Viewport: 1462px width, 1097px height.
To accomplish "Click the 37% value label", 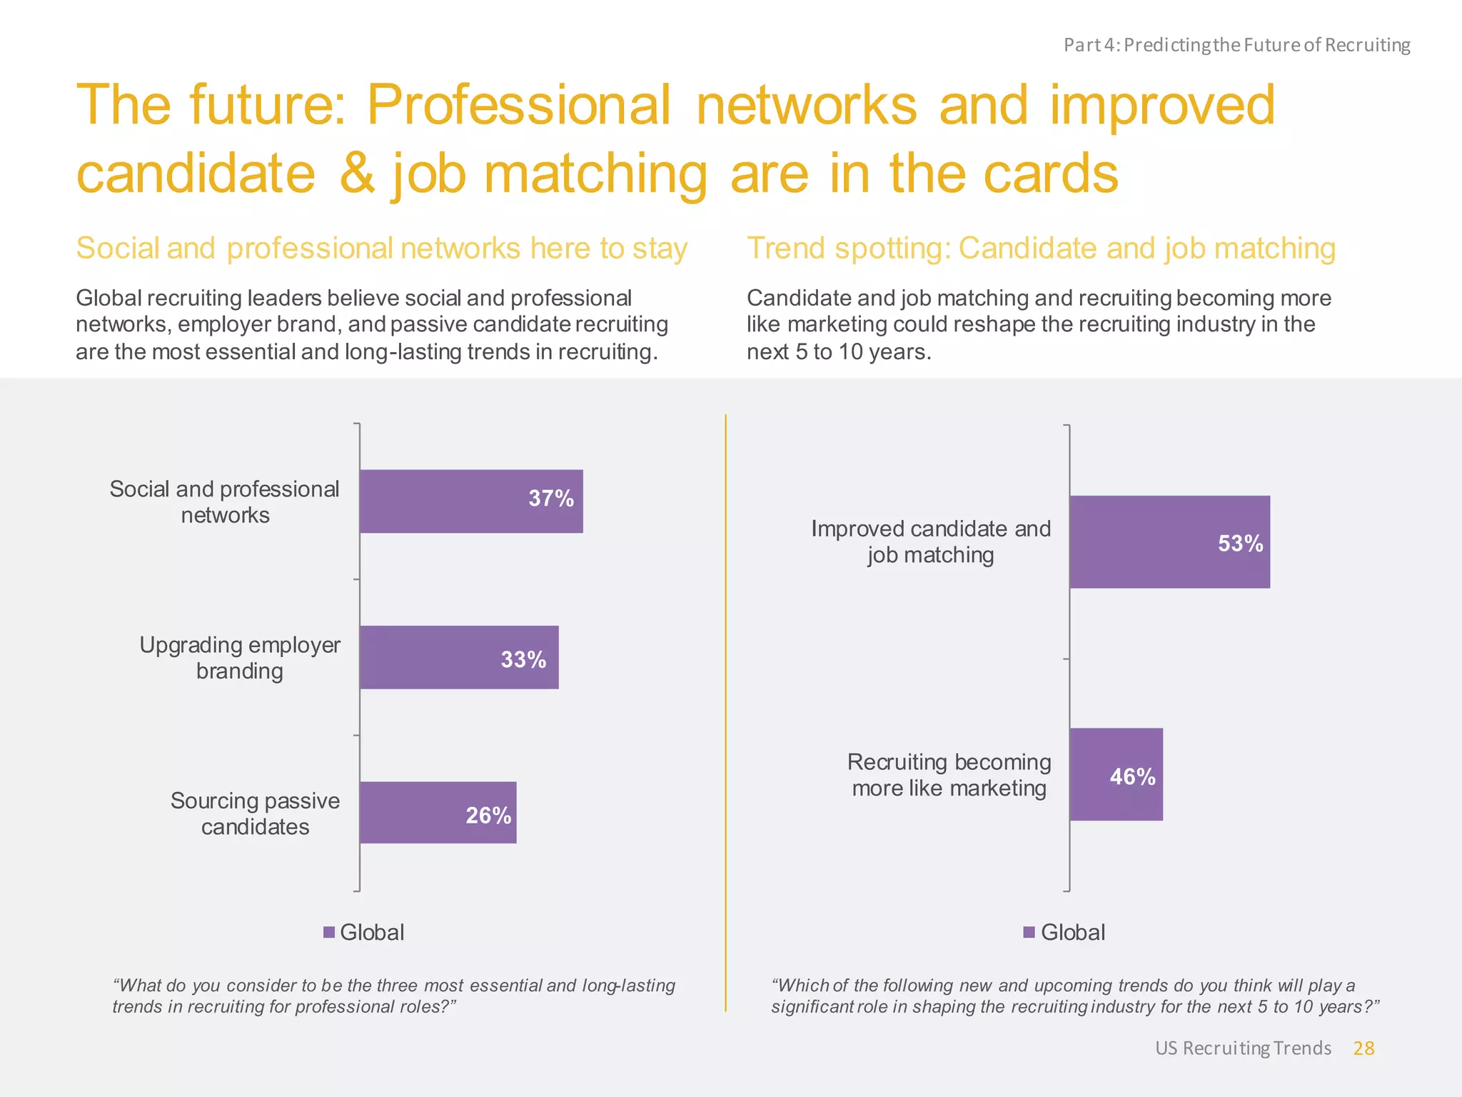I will click(550, 499).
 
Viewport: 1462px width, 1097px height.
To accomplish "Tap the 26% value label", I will click(488, 816).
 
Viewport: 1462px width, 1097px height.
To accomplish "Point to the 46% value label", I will click(1132, 777).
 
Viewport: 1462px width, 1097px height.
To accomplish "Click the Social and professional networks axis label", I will click(225, 502).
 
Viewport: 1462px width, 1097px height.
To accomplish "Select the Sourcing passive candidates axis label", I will click(255, 813).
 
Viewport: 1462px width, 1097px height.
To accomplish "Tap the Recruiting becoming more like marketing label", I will click(949, 775).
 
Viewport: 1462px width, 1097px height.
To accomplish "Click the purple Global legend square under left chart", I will click(329, 932).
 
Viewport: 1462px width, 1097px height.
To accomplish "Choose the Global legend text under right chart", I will click(1072, 932).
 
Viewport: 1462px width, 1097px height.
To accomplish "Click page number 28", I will click(1363, 1048).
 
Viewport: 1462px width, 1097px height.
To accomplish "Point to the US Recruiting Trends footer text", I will click(1243, 1048).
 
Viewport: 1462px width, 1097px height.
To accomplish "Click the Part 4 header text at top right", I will click(1236, 45).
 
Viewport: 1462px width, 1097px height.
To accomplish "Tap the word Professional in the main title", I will click(519, 105).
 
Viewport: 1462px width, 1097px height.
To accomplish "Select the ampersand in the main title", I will click(357, 174).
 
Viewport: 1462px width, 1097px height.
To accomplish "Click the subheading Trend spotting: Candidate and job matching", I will click(1041, 249).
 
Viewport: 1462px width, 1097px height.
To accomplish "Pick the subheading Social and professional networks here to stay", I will click(381, 249).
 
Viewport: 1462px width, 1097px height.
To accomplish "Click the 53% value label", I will click(1240, 544).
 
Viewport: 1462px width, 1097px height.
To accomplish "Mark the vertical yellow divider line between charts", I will click(725, 714).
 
